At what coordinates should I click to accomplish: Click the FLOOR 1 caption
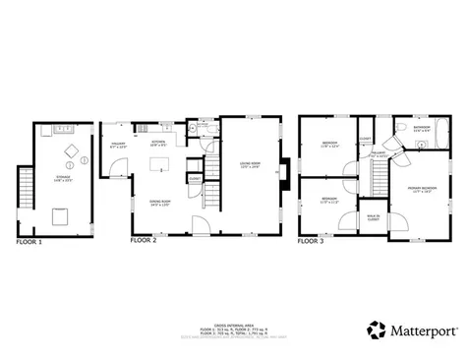pos(29,240)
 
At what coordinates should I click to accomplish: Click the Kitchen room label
pos(157,143)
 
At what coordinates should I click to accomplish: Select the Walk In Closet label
pos(374,218)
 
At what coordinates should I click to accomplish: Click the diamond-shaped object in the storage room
pos(72,150)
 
